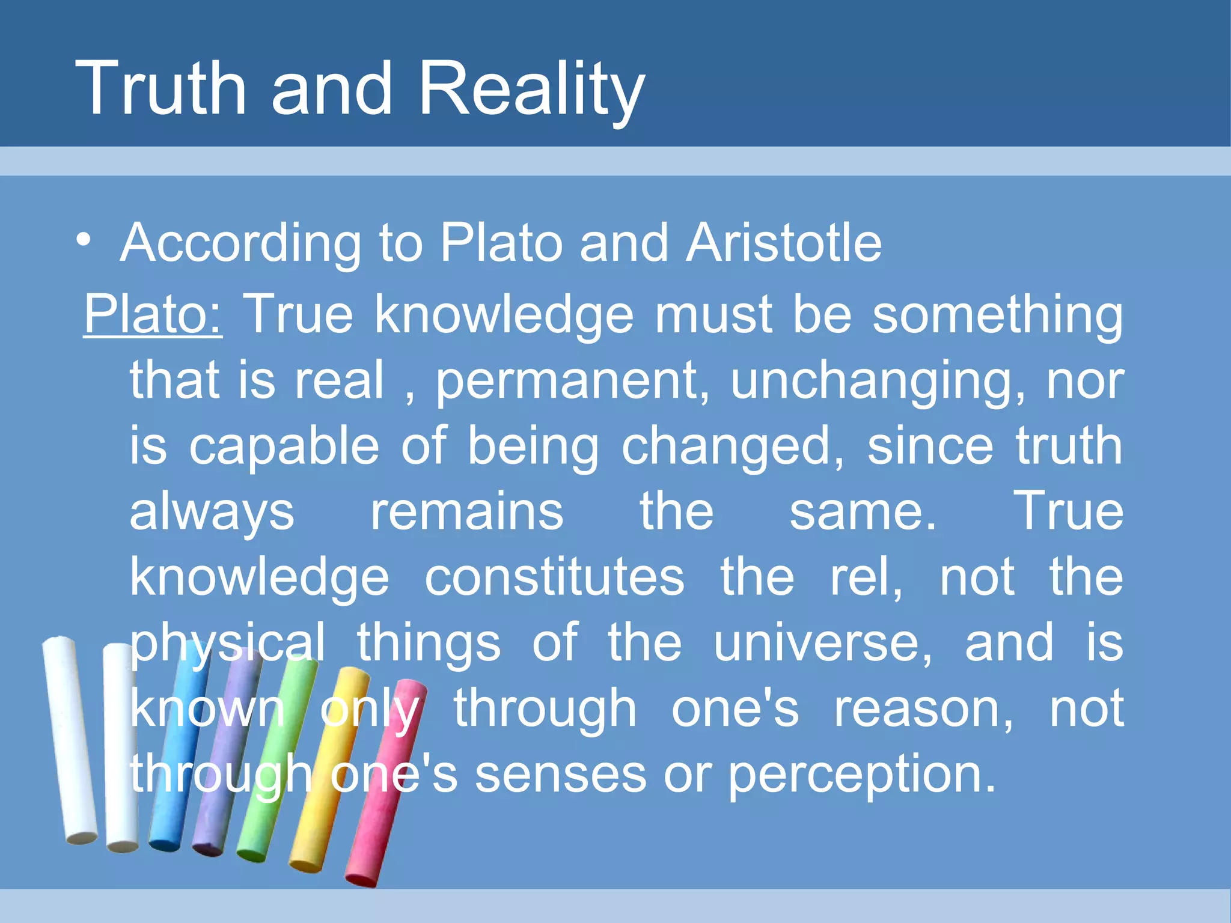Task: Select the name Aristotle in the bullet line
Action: [784, 243]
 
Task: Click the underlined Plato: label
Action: [153, 314]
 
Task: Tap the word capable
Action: [284, 446]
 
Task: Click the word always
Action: [212, 512]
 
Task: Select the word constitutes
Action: [554, 577]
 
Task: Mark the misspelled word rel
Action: [866, 577]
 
